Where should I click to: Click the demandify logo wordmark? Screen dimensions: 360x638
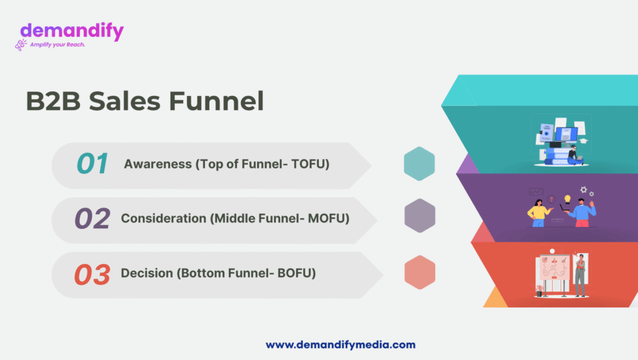72,31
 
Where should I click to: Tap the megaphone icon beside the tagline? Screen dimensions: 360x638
21,45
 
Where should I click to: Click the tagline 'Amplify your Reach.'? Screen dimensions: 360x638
58,44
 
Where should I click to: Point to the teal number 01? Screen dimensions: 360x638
92,164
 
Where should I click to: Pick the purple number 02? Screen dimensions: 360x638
92,219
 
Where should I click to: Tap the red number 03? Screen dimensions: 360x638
92,274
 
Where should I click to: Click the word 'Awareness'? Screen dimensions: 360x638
158,164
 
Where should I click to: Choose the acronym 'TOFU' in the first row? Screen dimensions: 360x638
309,164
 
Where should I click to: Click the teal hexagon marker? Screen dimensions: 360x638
419,164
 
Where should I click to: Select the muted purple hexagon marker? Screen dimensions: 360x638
420,216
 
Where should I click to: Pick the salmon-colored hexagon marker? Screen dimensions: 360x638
420,273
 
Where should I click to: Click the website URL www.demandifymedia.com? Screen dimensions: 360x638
340,345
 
